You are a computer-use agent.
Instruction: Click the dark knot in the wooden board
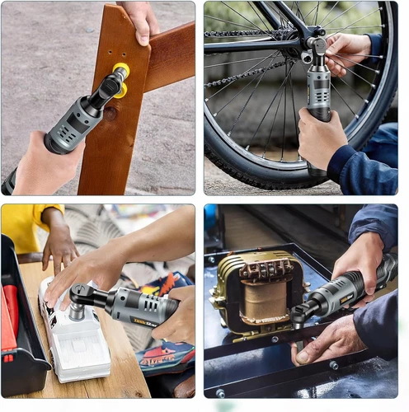pos(110,113)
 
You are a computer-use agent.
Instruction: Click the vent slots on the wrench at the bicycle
pos(318,103)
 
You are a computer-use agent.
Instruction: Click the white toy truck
pos(74,330)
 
